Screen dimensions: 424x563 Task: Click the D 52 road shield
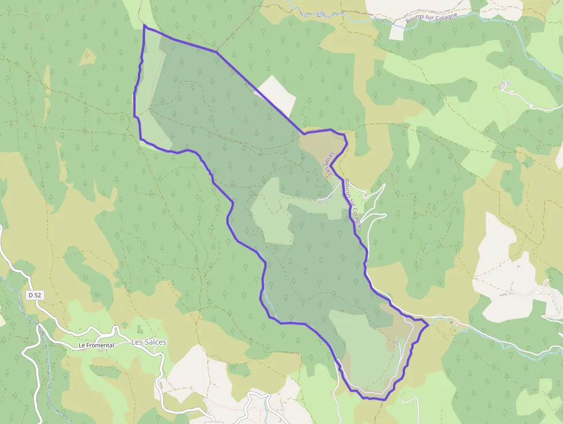pos(35,295)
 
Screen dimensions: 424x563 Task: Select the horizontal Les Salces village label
pos(149,342)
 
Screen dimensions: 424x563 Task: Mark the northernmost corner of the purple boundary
pos(144,26)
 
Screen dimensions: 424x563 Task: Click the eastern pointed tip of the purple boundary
pos(428,326)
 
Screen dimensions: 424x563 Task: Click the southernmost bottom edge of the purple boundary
pos(376,399)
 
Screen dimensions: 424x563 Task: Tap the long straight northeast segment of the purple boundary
pos(259,92)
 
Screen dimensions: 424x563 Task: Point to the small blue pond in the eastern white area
pos(518,266)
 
